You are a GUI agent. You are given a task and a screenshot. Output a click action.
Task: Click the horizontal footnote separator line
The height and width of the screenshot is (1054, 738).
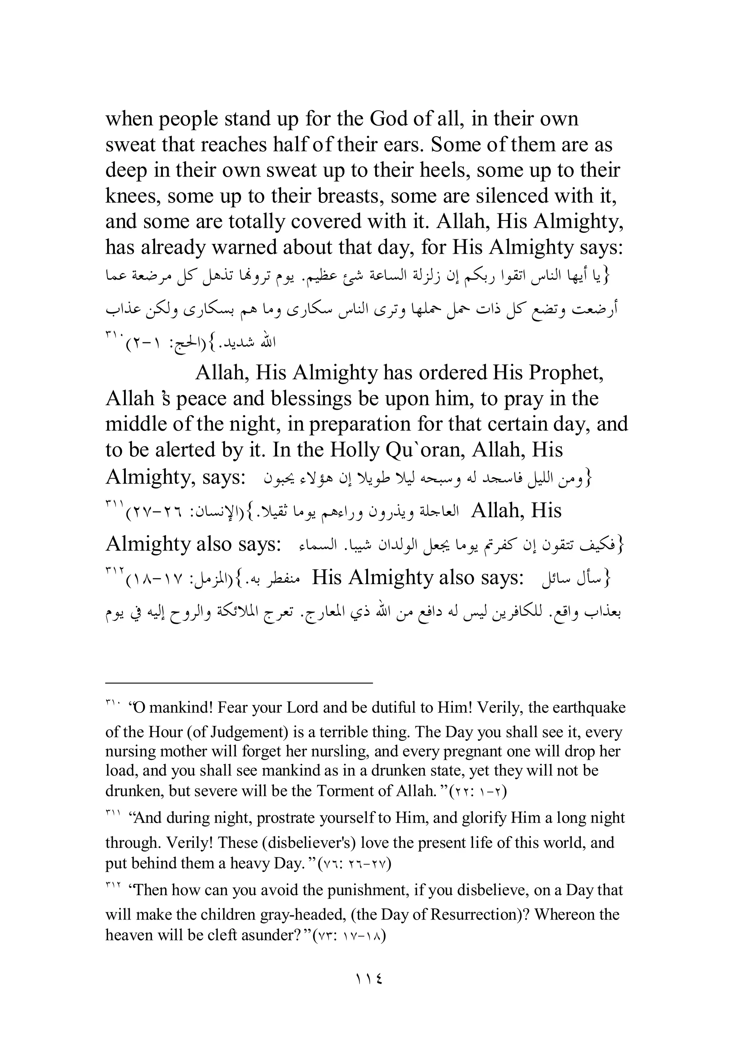coord(239,684)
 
